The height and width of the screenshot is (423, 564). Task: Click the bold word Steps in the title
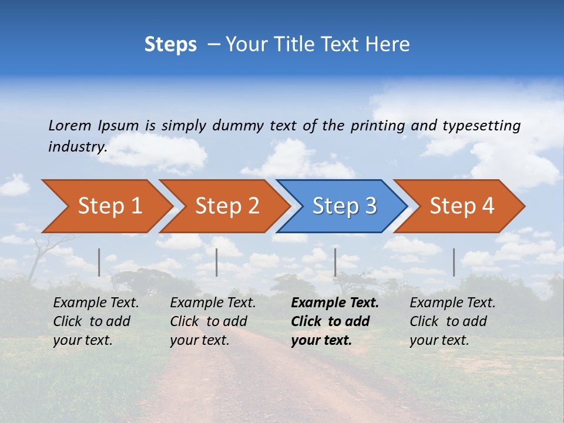pyautogui.click(x=170, y=45)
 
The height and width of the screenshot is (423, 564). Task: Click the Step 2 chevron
pyautogui.click(x=226, y=206)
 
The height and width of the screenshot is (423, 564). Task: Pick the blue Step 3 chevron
pyautogui.click(x=343, y=206)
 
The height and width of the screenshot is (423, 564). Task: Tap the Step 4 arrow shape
pyautogui.click(x=461, y=206)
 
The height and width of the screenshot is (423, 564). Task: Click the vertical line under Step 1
pyautogui.click(x=99, y=262)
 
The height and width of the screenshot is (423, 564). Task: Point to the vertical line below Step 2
pyautogui.click(x=217, y=262)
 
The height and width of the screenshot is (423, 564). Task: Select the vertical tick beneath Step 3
pyautogui.click(x=335, y=262)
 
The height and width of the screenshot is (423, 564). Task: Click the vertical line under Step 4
pyautogui.click(x=454, y=262)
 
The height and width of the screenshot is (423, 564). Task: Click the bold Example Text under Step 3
pyautogui.click(x=335, y=303)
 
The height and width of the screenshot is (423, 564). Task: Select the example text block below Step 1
pyautogui.click(x=96, y=321)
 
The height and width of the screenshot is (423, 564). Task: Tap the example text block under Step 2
pyautogui.click(x=213, y=321)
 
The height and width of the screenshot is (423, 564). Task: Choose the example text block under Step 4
pyautogui.click(x=452, y=321)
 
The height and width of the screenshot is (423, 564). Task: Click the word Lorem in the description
pyautogui.click(x=69, y=126)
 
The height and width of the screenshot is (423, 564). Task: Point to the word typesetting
pyautogui.click(x=481, y=126)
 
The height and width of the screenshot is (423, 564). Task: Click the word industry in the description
pyautogui.click(x=77, y=147)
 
